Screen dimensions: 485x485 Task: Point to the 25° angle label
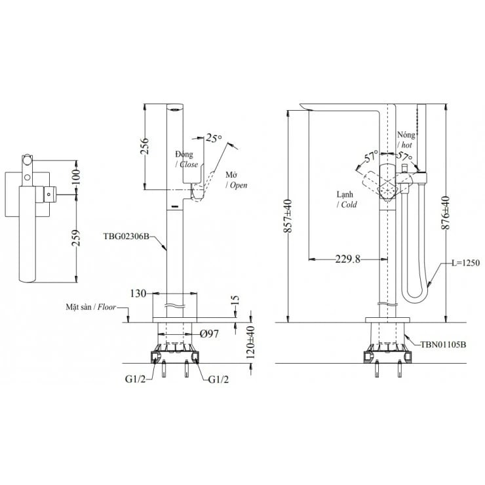point(214,138)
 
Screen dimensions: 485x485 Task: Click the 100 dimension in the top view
point(75,175)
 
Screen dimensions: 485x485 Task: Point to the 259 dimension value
point(76,235)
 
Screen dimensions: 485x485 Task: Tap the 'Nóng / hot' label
point(406,138)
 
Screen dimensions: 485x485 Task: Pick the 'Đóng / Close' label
point(185,158)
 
